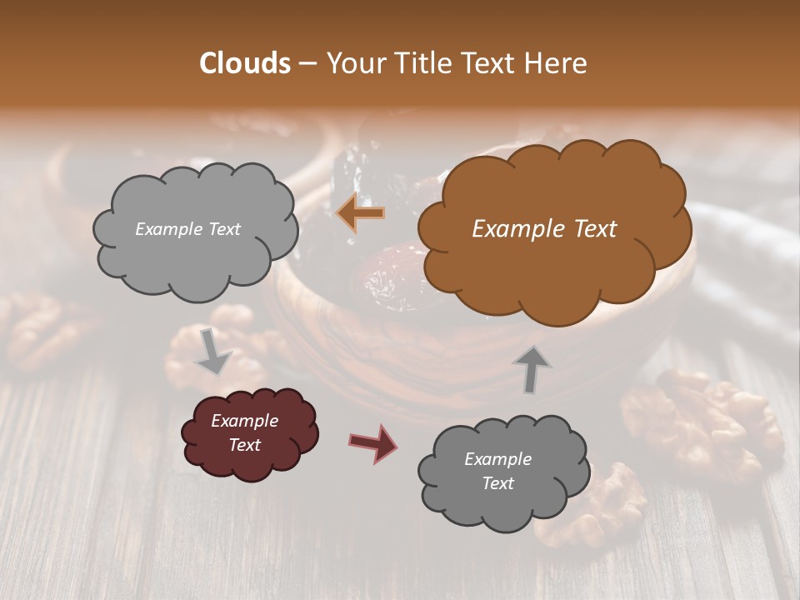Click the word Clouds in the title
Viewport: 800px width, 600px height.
pos(244,63)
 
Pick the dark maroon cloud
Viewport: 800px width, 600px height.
pos(250,433)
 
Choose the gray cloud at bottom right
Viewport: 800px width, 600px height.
pos(503,471)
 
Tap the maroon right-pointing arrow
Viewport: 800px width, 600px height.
pos(372,442)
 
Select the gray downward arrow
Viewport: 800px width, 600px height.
pos(213,351)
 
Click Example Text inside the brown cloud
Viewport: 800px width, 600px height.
pos(544,229)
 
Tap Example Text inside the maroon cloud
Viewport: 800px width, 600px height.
pos(245,432)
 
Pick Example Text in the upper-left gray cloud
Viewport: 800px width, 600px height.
pos(187,229)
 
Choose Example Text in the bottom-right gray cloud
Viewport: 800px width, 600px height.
pos(498,471)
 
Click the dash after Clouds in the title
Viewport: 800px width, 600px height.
pos(307,63)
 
